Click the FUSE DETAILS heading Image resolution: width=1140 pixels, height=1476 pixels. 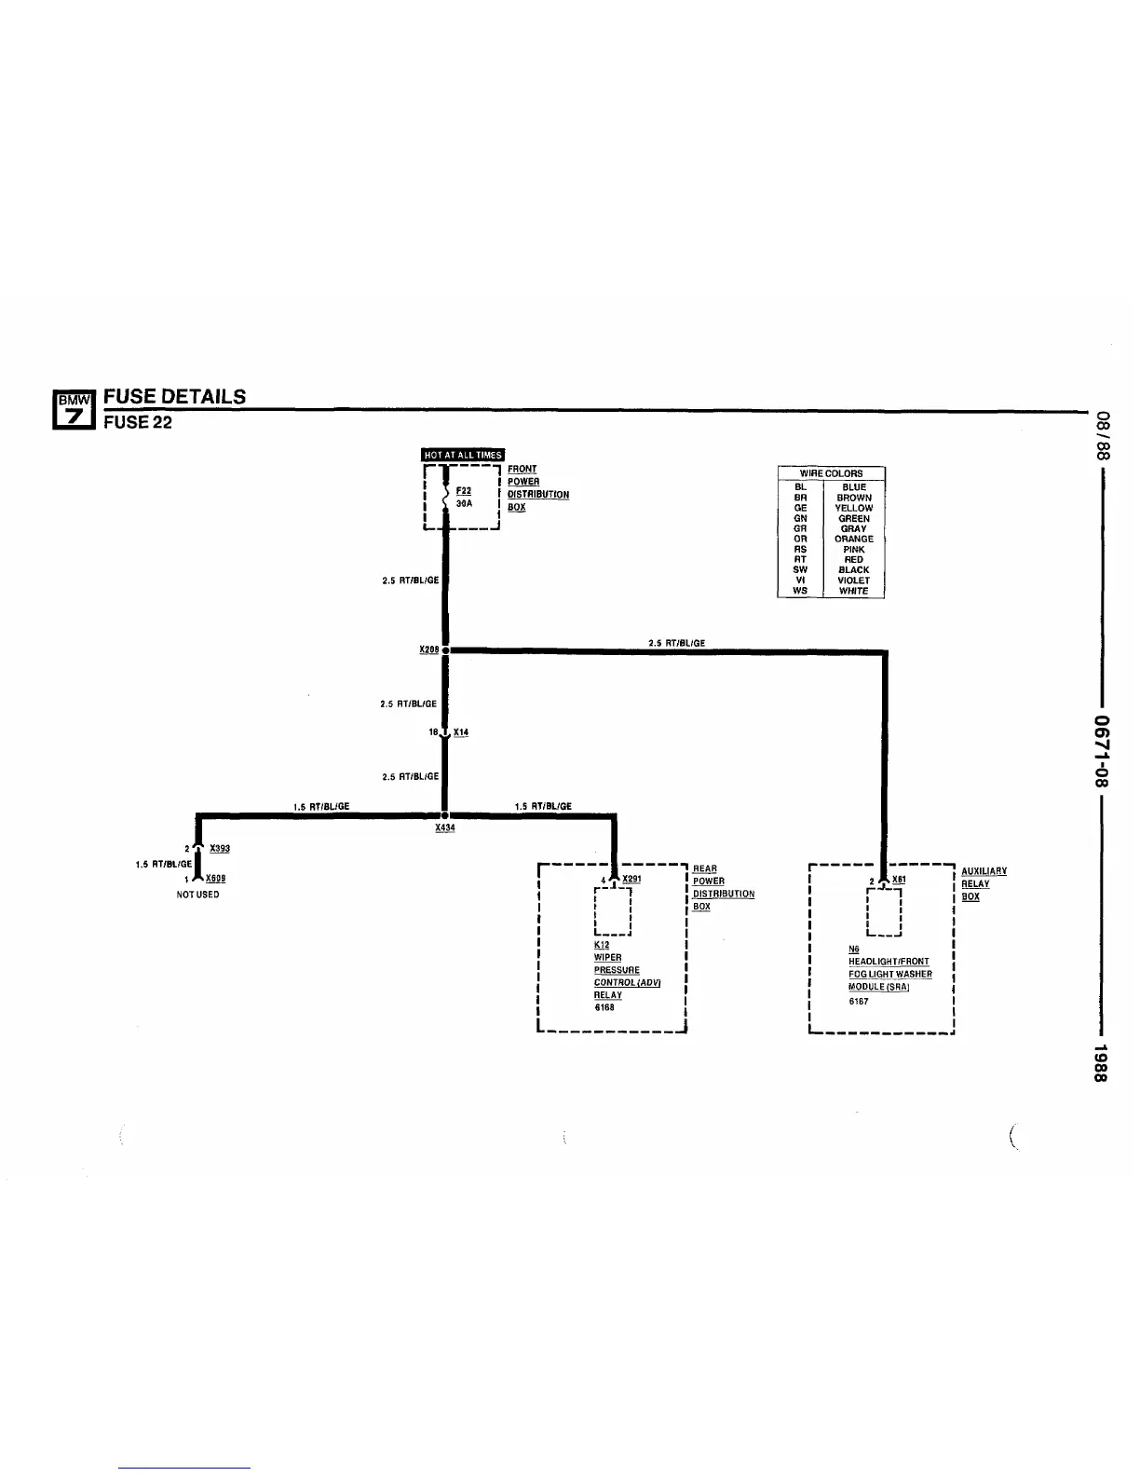pos(174,396)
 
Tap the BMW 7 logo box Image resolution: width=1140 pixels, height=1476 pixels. pos(75,409)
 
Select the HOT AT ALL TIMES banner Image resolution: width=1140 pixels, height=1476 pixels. pos(463,455)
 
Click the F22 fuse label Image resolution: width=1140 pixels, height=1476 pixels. pos(463,491)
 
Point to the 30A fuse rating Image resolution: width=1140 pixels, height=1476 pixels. pos(464,503)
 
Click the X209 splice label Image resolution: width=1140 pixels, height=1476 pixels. pos(428,649)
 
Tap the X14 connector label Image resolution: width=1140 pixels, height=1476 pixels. pos(461,732)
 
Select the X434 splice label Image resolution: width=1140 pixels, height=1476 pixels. pos(445,827)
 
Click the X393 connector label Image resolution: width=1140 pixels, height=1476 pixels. pos(220,848)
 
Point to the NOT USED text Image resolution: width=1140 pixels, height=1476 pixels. pos(197,895)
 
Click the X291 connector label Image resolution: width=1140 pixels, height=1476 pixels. pos(631,879)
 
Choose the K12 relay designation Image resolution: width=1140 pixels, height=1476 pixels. pos(602,945)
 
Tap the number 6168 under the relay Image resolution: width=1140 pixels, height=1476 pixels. pos(604,1007)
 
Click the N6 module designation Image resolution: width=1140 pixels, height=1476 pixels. pos(854,950)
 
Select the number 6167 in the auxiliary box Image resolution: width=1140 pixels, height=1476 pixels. pos(859,1002)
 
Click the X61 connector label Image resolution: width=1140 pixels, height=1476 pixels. pos(899,879)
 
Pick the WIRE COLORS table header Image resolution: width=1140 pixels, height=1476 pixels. pos(831,473)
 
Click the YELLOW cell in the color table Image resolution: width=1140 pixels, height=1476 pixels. pos(853,508)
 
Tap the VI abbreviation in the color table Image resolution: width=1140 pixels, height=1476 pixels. pos(800,580)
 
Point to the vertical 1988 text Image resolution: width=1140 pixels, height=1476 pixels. pos(1100,1062)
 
